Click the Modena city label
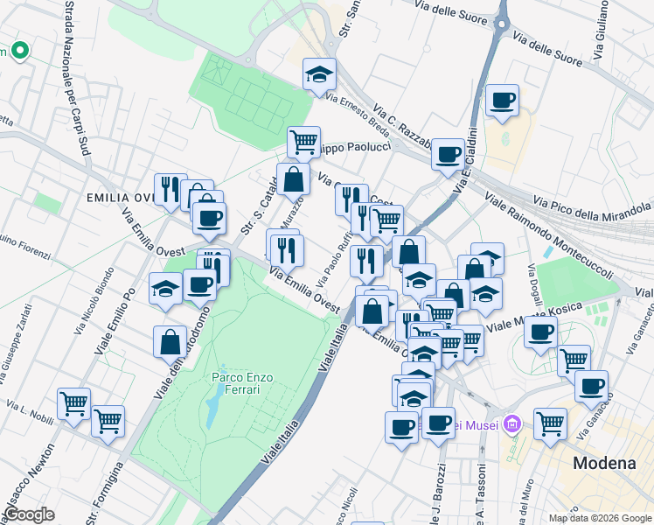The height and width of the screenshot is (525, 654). (x=604, y=464)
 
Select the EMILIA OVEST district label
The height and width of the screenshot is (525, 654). (x=121, y=198)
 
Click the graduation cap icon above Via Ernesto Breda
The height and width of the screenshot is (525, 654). (x=320, y=75)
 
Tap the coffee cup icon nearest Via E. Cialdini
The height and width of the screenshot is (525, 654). (x=448, y=155)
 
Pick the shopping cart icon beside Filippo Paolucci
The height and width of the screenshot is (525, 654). (x=303, y=141)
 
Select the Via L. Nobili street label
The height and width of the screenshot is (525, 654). (x=31, y=409)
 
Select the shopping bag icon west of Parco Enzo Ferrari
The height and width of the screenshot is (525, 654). (x=170, y=342)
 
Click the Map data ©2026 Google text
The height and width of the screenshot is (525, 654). (x=599, y=518)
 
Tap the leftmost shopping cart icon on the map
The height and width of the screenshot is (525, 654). (x=73, y=404)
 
